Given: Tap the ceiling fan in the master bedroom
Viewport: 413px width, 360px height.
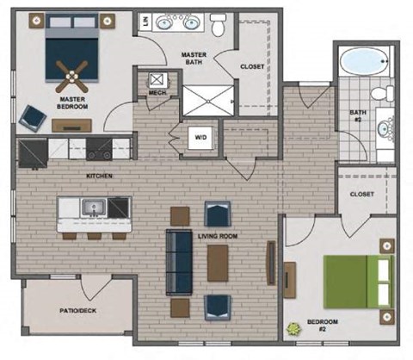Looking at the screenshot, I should (71, 75).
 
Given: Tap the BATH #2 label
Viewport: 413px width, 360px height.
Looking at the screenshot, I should (358, 115).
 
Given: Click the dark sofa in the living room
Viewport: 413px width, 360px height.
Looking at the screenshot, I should (180, 263).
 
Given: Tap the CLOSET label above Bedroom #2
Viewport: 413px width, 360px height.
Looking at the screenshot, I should (361, 195).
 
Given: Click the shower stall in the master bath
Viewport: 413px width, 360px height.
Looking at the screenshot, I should (207, 99).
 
